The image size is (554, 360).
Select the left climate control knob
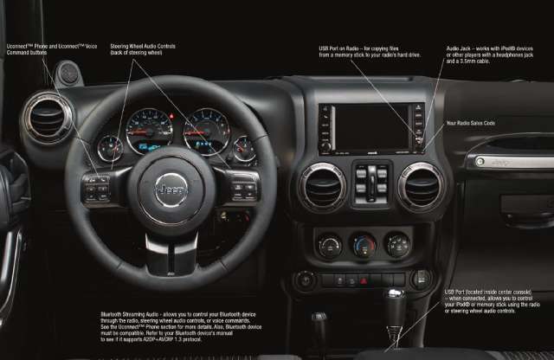pyautogui.click(x=330, y=246)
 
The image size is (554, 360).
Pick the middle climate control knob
pyautogui.click(x=364, y=246)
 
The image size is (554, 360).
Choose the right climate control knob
pyautogui.click(x=397, y=245)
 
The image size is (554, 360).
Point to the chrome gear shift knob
pyautogui.click(x=395, y=304)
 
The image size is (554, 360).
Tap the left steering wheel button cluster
pyautogui.click(x=97, y=189)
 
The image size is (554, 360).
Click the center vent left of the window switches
pyautogui.click(x=322, y=184)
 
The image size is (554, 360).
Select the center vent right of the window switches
pyautogui.click(x=421, y=184)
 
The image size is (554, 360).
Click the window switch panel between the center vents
pyautogui.click(x=371, y=183)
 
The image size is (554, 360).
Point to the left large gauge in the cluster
pyautogui.click(x=149, y=132)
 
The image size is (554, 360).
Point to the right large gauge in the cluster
pyautogui.click(x=205, y=131)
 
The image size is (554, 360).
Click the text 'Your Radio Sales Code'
pyautogui.click(x=470, y=124)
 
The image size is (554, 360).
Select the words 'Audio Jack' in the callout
pyautogui.click(x=459, y=48)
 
